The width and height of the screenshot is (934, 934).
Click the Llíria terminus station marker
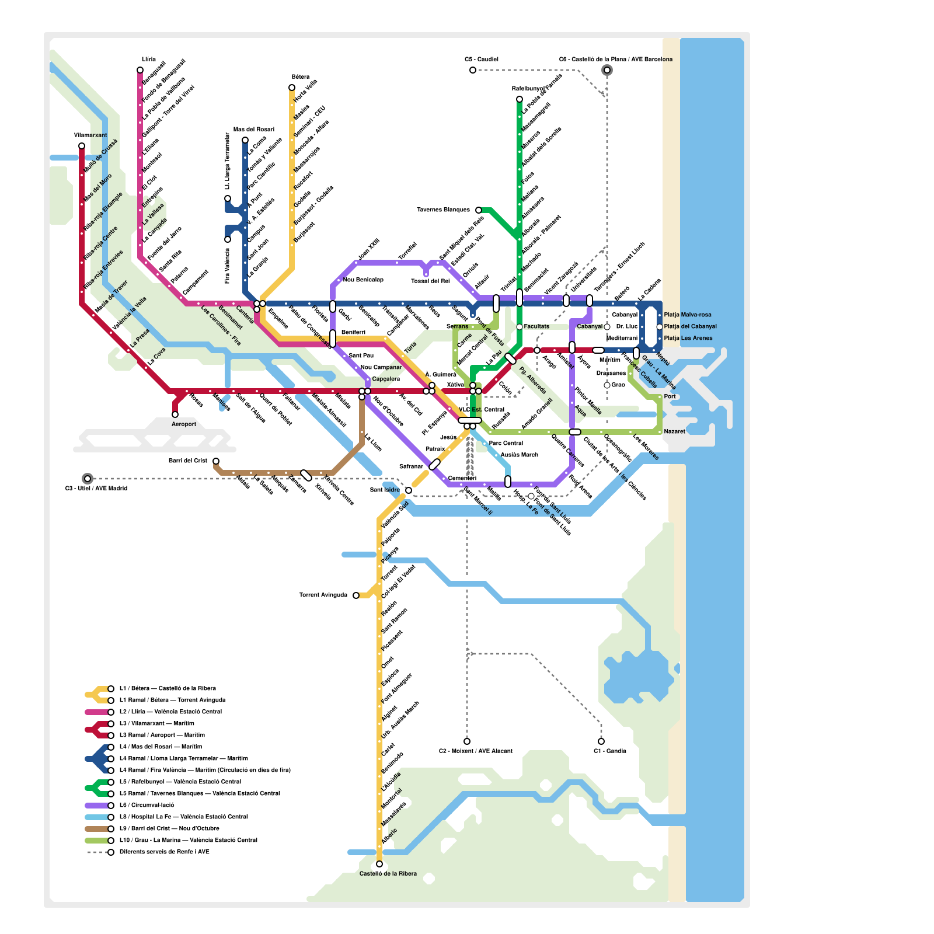pos(140,70)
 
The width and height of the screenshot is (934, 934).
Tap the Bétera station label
pos(300,77)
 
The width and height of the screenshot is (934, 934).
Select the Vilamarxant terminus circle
pos(82,146)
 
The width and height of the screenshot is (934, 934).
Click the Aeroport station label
pos(184,424)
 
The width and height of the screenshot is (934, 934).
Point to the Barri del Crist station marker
pos(216,461)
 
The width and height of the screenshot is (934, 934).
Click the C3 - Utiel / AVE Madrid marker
pos(88,479)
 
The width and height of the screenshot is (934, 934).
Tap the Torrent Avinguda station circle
pos(356,595)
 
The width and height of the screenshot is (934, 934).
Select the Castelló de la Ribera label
pos(388,874)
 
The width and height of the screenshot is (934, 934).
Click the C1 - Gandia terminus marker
pos(601,741)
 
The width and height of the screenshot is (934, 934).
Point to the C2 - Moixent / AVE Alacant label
pos(476,751)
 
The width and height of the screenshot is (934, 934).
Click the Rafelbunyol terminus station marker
pos(520,99)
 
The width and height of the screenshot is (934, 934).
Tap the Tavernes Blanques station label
pos(443,210)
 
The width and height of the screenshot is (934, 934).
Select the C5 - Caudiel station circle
pos(473,70)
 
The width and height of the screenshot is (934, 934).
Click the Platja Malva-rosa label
pos(688,315)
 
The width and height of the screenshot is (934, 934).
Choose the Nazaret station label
pos(675,432)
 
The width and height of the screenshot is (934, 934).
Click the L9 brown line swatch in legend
pos(97,829)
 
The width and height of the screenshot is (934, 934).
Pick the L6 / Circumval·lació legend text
pos(147,806)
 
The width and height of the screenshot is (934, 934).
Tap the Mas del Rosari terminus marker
pos(245,140)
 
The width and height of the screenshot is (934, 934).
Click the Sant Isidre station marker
pos(409,490)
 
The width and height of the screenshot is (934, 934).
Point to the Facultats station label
pos(536,327)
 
